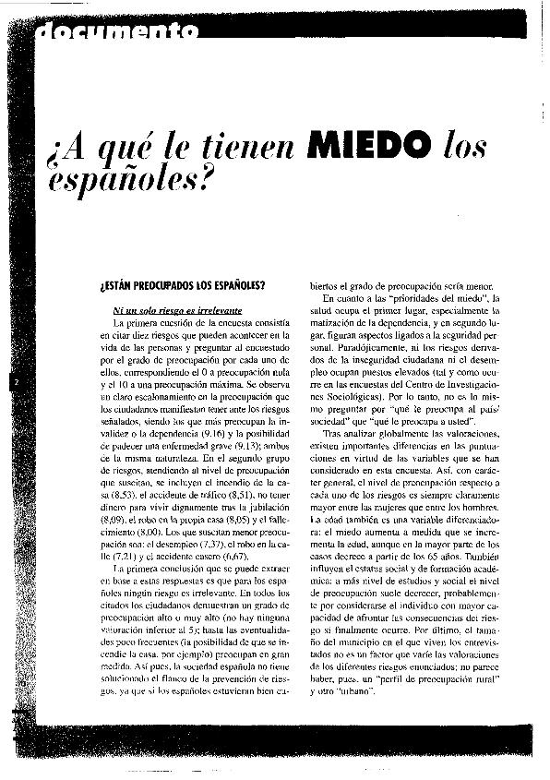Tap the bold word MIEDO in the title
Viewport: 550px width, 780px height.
[374, 145]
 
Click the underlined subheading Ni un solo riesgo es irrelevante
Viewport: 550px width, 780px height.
[164, 311]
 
